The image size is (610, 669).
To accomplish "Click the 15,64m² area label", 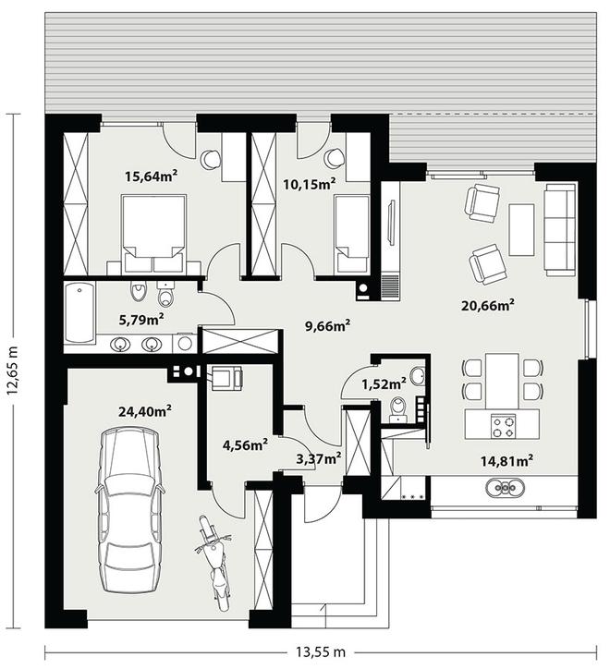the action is click(x=151, y=176).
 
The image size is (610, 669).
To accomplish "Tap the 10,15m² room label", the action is click(x=310, y=184).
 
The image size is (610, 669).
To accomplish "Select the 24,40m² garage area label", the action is click(x=145, y=411).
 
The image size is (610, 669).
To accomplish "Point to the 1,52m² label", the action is click(x=384, y=384).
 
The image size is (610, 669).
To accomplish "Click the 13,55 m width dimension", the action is click(x=321, y=651).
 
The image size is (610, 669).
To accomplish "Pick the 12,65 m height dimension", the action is click(x=12, y=371).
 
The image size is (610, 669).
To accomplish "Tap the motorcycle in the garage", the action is click(x=215, y=563).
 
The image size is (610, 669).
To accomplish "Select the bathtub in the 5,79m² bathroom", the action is click(x=79, y=312).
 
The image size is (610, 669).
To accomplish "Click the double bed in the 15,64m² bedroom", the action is click(x=153, y=234).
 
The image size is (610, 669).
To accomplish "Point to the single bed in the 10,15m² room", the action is click(x=352, y=234).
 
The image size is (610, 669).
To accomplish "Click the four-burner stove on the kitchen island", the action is click(x=504, y=427).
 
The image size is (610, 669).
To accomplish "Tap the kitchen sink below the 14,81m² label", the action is click(x=506, y=487).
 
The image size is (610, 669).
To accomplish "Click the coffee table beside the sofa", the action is click(x=521, y=229).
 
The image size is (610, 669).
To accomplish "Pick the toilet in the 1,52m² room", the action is click(x=398, y=407).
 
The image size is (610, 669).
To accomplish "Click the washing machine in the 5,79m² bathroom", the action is click(x=184, y=343).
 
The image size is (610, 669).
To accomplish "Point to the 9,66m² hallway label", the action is click(x=328, y=326).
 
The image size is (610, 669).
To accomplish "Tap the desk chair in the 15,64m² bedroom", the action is click(x=211, y=159).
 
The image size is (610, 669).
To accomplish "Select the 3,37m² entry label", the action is click(x=319, y=458).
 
